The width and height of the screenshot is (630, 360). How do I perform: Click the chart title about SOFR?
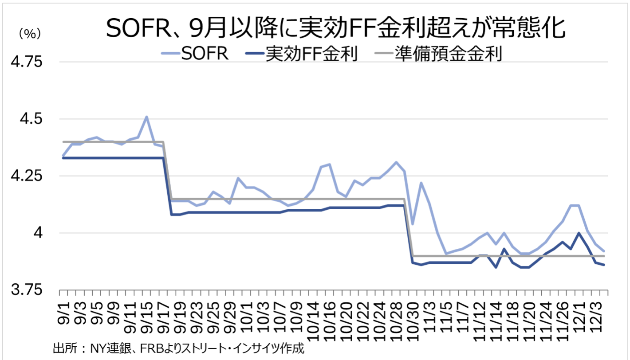(x=336, y=30)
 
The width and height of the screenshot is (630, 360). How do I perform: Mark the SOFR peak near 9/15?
(x=146, y=117)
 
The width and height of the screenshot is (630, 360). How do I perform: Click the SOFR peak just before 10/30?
(x=396, y=162)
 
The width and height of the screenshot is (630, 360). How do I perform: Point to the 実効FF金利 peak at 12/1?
(x=579, y=233)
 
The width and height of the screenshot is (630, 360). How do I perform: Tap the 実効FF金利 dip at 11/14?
(x=496, y=267)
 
